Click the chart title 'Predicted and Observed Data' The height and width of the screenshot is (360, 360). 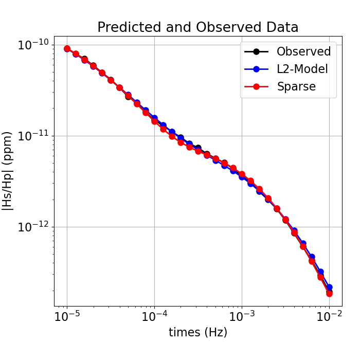198,27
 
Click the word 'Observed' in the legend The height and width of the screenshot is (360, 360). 303,51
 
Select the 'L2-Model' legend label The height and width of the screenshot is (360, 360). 302,69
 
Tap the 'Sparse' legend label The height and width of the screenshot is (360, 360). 296,86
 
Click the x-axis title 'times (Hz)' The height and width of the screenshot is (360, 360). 198,332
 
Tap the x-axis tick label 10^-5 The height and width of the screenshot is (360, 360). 67,315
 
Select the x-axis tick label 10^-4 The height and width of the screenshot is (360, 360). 154,315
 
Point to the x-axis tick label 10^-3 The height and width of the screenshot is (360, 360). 242,315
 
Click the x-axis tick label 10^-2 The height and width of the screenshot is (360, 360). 329,315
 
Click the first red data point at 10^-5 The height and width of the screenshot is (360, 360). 67,49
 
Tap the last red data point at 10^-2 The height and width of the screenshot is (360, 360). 329,294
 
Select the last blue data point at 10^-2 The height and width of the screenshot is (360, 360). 329,287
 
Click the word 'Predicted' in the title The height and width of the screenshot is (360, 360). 129,27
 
